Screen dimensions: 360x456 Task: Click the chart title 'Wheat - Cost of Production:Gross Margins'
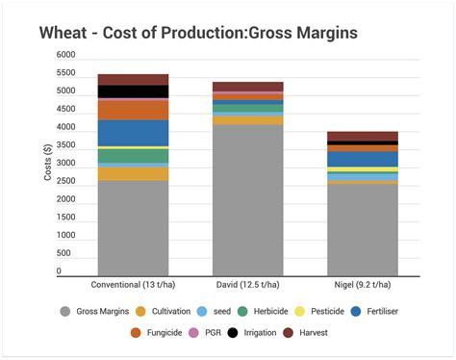[x=198, y=33]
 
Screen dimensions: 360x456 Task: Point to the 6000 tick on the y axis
[x=65, y=55]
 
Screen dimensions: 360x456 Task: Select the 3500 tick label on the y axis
[x=65, y=145]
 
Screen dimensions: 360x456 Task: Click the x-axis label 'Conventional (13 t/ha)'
[x=133, y=285]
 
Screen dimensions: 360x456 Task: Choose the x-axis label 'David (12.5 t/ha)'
[x=248, y=285]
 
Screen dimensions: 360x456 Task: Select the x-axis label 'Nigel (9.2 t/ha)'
[x=363, y=285]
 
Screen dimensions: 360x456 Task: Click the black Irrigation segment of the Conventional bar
[x=133, y=91]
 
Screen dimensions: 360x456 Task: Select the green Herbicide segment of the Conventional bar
[x=133, y=155]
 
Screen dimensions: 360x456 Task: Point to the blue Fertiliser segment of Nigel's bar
[x=363, y=159]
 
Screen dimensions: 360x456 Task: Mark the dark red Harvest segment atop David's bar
[x=248, y=87]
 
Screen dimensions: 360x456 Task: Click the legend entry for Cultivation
[x=167, y=311]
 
